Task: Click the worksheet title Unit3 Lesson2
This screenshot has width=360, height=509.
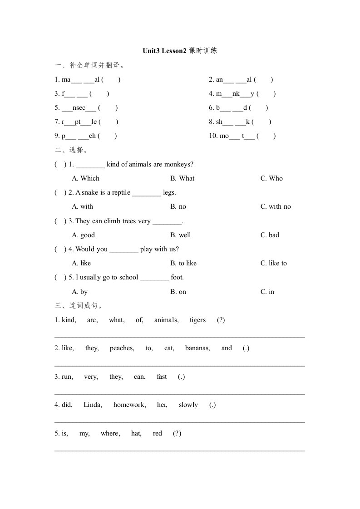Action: [164, 51]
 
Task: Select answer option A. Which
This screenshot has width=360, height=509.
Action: [85, 178]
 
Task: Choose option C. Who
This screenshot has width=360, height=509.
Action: [271, 178]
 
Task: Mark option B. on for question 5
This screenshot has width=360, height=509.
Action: [178, 292]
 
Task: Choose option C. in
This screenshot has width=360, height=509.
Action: [267, 292]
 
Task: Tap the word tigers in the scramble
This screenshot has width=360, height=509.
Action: [197, 320]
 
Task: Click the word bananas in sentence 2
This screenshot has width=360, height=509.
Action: [197, 348]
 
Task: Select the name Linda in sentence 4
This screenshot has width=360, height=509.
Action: [93, 405]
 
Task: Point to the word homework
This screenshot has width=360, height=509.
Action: [129, 405]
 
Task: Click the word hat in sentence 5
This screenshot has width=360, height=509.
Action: [136, 433]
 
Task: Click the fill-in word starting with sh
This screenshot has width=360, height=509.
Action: [231, 122]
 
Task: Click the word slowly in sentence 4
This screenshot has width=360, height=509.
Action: [188, 405]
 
